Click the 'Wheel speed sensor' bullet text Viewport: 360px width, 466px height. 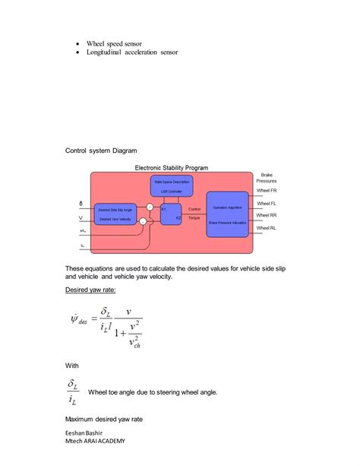(x=114, y=44)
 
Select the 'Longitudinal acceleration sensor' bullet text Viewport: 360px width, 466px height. (x=131, y=53)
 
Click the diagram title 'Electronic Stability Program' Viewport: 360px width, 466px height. (x=172, y=168)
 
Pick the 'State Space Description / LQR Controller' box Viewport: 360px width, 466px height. (x=172, y=186)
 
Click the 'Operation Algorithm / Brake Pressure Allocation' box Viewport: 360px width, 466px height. (x=227, y=214)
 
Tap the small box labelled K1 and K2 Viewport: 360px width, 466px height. (x=171, y=213)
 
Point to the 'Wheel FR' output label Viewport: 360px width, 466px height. (x=267, y=192)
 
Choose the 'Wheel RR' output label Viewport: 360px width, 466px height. (x=267, y=216)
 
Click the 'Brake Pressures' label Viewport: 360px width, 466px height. (x=267, y=178)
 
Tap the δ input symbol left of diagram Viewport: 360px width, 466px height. (x=81, y=204)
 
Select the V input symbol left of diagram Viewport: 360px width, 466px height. (x=81, y=218)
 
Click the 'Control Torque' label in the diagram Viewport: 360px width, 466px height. (x=194, y=213)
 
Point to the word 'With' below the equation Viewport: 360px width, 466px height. (x=73, y=366)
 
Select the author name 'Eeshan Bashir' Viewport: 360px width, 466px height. (x=87, y=431)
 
